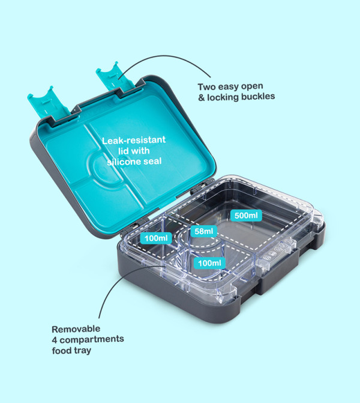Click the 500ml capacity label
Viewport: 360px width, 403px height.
point(246,216)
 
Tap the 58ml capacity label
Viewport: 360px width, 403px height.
point(203,231)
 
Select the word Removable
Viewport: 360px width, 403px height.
point(76,329)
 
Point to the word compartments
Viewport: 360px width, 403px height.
point(92,339)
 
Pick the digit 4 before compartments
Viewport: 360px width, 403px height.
point(55,340)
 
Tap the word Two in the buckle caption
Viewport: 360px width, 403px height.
point(206,87)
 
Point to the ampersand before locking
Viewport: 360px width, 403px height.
point(202,98)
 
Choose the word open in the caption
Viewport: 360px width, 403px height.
point(253,86)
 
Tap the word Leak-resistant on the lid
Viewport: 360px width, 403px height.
point(134,140)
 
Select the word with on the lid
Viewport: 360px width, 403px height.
point(141,151)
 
